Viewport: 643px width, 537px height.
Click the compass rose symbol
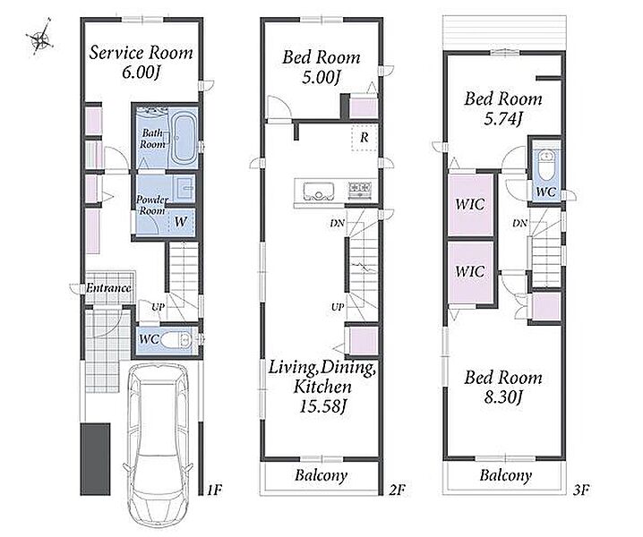39,38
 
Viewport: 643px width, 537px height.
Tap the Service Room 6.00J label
141,62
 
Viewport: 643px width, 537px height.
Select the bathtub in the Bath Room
183,138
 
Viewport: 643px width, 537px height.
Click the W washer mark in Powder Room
180,222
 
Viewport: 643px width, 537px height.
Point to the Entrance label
108,288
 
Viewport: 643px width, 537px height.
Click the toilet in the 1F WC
176,339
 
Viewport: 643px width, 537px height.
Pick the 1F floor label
214,490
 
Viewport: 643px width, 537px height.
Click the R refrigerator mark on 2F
364,137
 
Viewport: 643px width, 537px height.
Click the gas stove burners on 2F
361,189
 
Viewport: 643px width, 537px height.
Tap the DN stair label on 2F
337,224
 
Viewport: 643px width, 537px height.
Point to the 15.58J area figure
322,406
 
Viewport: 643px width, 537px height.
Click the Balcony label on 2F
321,475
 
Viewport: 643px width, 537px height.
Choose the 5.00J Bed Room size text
321,77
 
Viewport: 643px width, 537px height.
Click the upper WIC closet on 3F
470,205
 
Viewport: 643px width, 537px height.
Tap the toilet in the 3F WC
545,165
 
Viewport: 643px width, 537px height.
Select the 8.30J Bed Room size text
503,396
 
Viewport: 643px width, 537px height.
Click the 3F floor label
581,490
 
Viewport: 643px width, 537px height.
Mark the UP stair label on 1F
158,307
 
